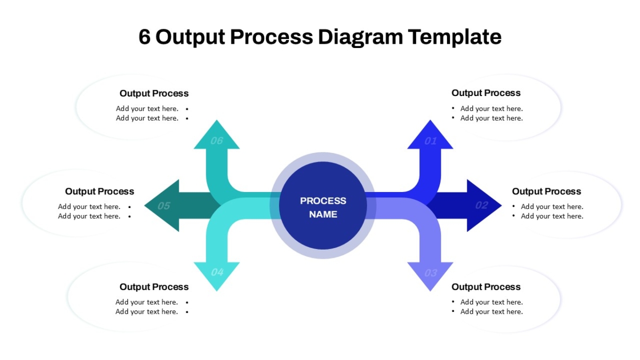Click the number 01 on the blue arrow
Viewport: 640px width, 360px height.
point(430,141)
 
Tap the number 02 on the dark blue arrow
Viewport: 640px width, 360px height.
point(482,205)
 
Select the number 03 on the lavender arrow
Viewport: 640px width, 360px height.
point(430,273)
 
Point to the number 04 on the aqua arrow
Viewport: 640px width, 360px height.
point(217,273)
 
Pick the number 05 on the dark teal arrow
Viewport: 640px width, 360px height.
point(164,206)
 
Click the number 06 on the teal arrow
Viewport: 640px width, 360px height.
point(217,141)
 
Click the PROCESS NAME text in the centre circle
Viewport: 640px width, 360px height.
point(323,207)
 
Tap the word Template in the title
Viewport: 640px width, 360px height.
point(454,37)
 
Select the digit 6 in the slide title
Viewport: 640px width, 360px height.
point(145,37)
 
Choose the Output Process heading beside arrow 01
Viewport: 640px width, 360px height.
point(486,93)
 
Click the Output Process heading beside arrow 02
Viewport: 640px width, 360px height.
point(547,191)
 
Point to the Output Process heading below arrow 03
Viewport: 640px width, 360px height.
point(486,287)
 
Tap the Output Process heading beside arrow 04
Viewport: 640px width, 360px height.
point(154,287)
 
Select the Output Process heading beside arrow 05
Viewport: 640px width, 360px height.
point(99,191)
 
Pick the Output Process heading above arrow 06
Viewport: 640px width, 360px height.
point(154,93)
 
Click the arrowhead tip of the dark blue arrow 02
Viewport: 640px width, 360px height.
point(501,205)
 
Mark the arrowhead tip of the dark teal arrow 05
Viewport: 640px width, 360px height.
point(145,205)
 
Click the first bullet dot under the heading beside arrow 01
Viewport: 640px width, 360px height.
point(453,108)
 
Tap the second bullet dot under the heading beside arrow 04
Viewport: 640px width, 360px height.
point(187,312)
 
